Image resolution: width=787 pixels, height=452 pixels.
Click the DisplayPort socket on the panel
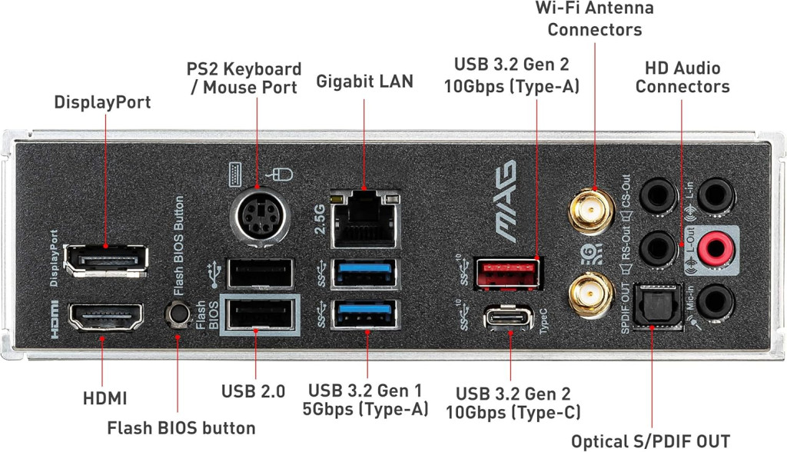(x=106, y=260)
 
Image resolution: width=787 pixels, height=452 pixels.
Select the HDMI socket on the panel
(x=105, y=317)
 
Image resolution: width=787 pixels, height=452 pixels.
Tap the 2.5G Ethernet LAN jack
(x=365, y=220)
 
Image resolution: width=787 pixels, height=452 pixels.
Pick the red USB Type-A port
(x=509, y=274)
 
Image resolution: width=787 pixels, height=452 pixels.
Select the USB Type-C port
(x=509, y=318)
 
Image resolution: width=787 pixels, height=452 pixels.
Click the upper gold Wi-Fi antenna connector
(x=591, y=211)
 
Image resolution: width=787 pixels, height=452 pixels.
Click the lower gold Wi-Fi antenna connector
(x=591, y=295)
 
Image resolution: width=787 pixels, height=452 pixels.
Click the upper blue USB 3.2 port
(x=365, y=273)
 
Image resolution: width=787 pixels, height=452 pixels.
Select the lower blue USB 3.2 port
(x=365, y=314)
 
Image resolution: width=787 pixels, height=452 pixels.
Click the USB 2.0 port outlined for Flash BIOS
(x=260, y=314)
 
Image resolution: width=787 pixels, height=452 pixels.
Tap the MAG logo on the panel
(x=506, y=201)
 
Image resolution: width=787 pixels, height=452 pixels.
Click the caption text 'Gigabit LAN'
(x=365, y=81)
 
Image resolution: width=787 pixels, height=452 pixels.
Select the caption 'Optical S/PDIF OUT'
(x=650, y=441)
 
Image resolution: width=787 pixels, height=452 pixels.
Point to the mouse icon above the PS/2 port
(x=280, y=174)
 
